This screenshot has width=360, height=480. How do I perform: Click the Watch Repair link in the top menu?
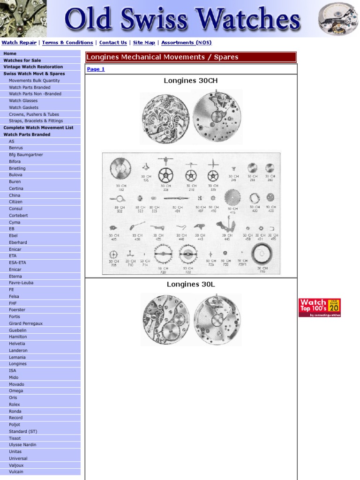pyautogui.click(x=19, y=43)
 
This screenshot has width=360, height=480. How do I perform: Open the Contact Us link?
pyautogui.click(x=113, y=43)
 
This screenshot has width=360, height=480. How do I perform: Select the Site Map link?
pyautogui.click(x=144, y=43)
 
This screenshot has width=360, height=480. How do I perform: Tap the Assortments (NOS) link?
pyautogui.click(x=186, y=43)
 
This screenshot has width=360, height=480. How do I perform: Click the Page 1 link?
pyautogui.click(x=96, y=69)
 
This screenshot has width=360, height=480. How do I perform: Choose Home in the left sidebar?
pyautogui.click(x=10, y=53)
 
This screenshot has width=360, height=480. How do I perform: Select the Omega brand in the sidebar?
pyautogui.click(x=16, y=391)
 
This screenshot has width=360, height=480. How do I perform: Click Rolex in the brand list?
pyautogui.click(x=15, y=404)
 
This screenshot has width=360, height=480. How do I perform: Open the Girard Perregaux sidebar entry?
pyautogui.click(x=26, y=323)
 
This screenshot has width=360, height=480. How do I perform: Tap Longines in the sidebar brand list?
pyautogui.click(x=18, y=364)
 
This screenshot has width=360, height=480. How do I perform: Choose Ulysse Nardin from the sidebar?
pyautogui.click(x=22, y=445)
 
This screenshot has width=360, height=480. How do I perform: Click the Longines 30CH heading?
pyautogui.click(x=191, y=81)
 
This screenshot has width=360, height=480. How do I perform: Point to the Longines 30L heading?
pyautogui.click(x=191, y=284)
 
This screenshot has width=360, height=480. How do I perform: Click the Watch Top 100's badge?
pyautogui.click(x=319, y=307)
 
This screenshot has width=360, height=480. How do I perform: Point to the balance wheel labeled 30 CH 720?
pyautogui.click(x=163, y=255)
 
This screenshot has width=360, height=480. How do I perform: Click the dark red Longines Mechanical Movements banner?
pyautogui.click(x=191, y=57)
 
